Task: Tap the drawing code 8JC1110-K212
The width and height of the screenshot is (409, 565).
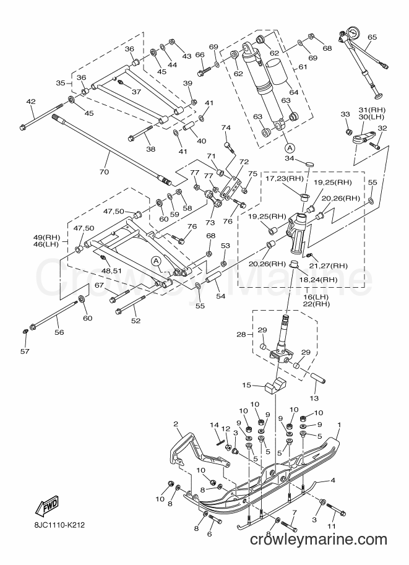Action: pyautogui.click(x=58, y=525)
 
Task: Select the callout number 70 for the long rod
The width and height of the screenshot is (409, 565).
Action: pyautogui.click(x=104, y=172)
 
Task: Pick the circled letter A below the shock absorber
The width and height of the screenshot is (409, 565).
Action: pyautogui.click(x=290, y=147)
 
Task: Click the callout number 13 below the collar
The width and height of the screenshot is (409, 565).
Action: pyautogui.click(x=314, y=398)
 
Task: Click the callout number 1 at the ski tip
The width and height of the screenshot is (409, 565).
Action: pyautogui.click(x=339, y=425)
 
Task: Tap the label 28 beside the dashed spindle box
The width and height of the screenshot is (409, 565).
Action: pyautogui.click(x=241, y=335)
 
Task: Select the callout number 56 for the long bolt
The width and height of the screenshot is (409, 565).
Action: pyautogui.click(x=59, y=332)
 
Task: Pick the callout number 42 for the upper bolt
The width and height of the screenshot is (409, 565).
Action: pyautogui.click(x=31, y=102)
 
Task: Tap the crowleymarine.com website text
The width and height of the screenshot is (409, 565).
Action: pyautogui.click(x=319, y=540)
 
